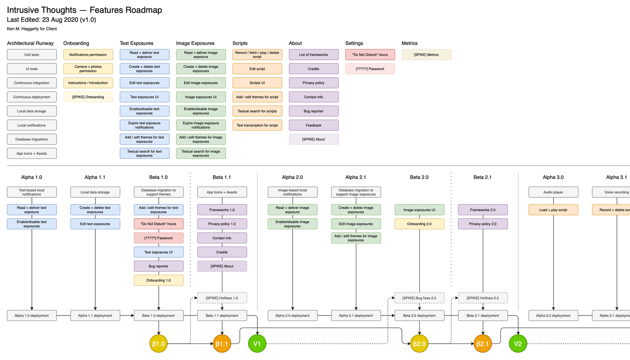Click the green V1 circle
[x=257, y=344]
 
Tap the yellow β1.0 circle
[x=158, y=344]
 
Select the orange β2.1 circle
[x=483, y=344]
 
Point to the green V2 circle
[x=518, y=344]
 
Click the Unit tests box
[x=32, y=55]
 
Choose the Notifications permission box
[x=88, y=55]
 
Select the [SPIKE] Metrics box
[x=426, y=55]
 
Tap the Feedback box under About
[x=313, y=125]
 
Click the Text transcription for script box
[x=257, y=125]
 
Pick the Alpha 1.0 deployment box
[x=32, y=315]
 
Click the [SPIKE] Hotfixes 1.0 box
[x=222, y=298]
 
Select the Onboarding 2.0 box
[x=419, y=224]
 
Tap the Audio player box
[x=553, y=192]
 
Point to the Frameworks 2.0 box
[x=483, y=210]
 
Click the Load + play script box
[x=553, y=210]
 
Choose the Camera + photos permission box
[x=88, y=69]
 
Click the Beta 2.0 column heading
[x=419, y=177]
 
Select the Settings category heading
[x=354, y=43]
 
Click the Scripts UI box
[x=257, y=83]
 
